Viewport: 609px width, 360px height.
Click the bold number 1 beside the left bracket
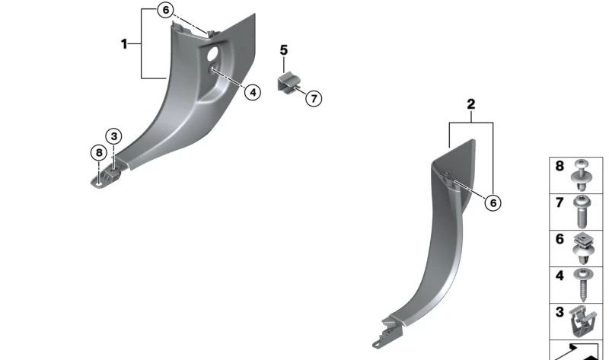pos(124,44)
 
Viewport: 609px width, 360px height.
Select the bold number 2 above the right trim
pos(470,104)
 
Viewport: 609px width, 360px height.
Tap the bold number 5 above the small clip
pos(284,50)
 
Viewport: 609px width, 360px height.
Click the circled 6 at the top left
pos(165,10)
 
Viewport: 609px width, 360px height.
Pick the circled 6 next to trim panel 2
pos(493,202)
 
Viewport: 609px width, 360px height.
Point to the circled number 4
pos(253,92)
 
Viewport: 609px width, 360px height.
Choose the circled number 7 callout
pos(314,98)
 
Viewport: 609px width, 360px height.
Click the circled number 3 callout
pos(113,136)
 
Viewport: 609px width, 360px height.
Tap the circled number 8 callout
pos(99,153)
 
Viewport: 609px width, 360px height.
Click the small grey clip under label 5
pos(287,82)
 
